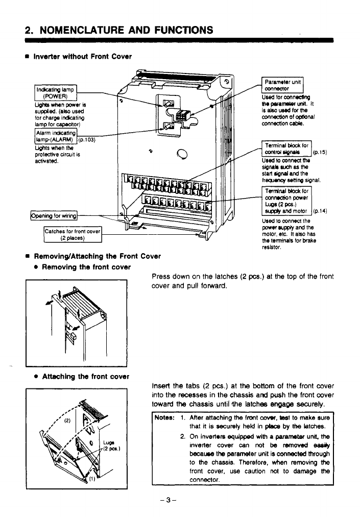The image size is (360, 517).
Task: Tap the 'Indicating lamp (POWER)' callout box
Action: pyautogui.click(x=56, y=94)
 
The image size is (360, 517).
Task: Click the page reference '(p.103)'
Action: pyautogui.click(x=87, y=140)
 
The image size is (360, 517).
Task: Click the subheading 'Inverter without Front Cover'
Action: pyautogui.click(x=82, y=56)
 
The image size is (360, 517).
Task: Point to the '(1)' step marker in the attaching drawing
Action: pyautogui.click(x=93, y=479)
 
